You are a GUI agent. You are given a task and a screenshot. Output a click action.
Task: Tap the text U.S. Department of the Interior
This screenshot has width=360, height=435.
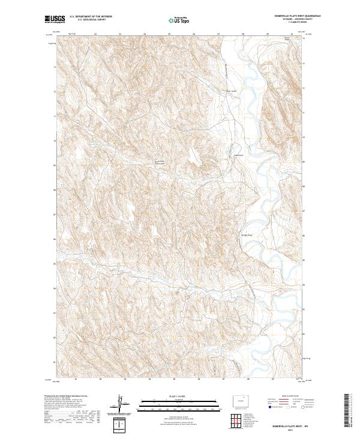pyautogui.click(x=92, y=17)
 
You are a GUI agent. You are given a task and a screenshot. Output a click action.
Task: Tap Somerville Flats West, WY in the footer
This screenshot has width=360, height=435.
pyautogui.click(x=291, y=423)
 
